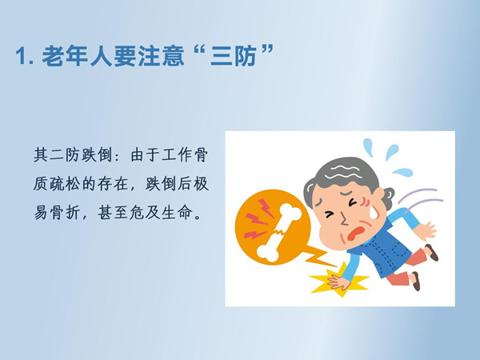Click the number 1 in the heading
(21, 56)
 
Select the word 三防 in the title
(234, 56)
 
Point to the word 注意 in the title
(162, 56)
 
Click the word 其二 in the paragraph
(49, 155)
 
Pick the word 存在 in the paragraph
(112, 184)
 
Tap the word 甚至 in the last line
(112, 213)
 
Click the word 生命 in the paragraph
(177, 213)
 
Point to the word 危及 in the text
(145, 213)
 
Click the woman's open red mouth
(355, 234)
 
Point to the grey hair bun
(387, 198)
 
